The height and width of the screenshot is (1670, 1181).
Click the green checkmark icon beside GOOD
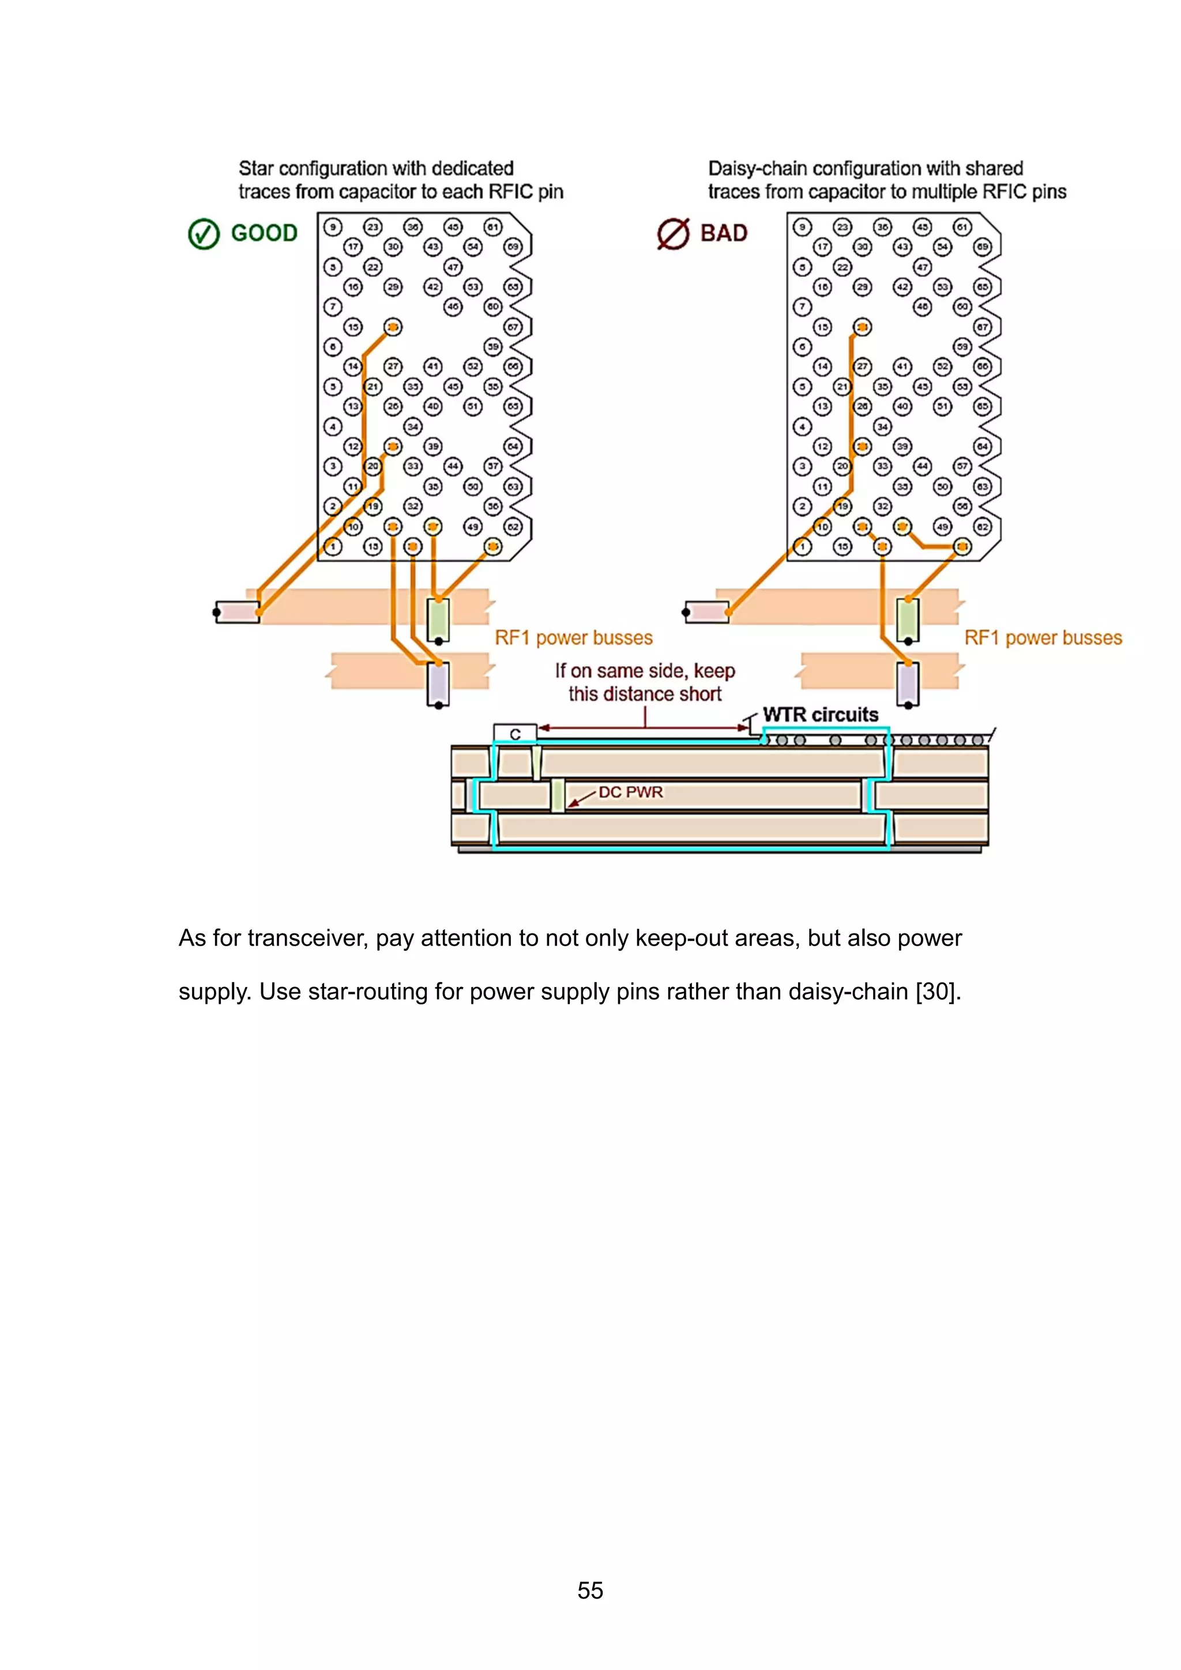coord(204,234)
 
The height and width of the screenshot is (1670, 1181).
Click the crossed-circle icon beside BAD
coord(673,234)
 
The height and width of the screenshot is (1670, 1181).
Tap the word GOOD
coord(264,233)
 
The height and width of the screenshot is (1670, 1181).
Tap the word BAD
coord(724,233)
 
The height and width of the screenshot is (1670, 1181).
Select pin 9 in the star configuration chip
coord(333,227)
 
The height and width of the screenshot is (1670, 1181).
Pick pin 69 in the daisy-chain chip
coord(983,247)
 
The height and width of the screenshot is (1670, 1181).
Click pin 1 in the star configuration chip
coord(333,546)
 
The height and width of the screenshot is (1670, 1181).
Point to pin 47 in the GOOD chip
coord(453,267)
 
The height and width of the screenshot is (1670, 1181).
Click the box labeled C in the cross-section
coord(515,733)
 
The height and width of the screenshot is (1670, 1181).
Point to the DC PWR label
coord(630,792)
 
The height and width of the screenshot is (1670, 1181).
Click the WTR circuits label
coord(820,715)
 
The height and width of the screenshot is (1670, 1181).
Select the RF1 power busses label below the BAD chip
coord(1043,638)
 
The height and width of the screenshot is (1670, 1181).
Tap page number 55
coord(590,1590)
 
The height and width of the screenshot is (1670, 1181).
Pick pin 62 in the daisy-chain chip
coord(983,527)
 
